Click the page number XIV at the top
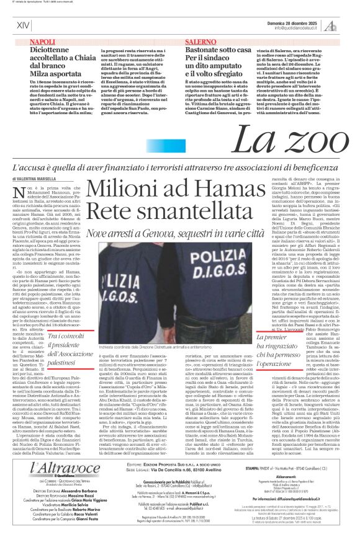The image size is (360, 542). [x=23, y=25]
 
